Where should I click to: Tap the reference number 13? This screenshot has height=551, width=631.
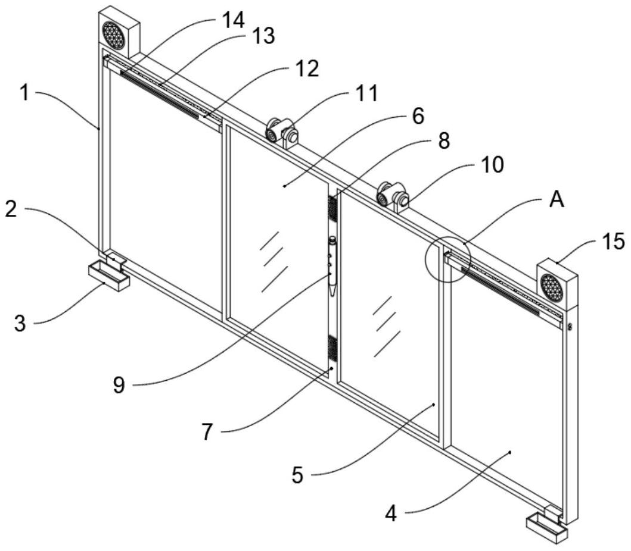coord(262,37)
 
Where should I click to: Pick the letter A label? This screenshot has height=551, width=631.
coord(557,201)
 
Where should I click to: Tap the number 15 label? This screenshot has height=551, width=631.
coord(613,241)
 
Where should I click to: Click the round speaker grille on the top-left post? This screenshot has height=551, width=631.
coord(113,35)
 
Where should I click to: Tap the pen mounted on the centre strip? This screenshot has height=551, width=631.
coord(332,265)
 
